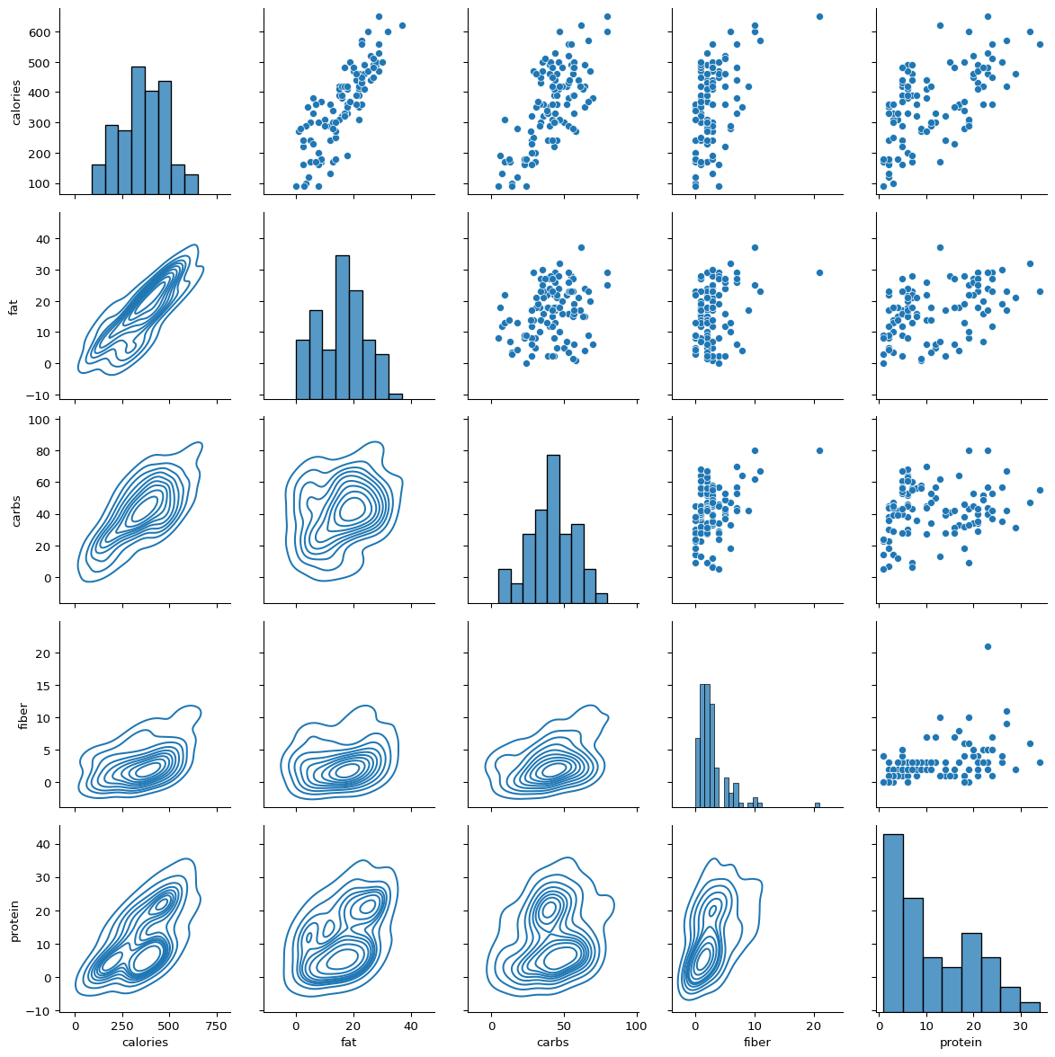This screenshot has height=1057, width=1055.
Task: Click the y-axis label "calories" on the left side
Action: [15, 102]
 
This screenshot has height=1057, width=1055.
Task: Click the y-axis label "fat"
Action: [13, 306]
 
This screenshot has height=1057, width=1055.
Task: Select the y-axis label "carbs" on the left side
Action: [15, 510]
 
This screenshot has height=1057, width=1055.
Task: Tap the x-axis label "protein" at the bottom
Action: [961, 1043]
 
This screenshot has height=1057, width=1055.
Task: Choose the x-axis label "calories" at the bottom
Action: [145, 1043]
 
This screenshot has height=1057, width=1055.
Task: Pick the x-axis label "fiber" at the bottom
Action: [757, 1043]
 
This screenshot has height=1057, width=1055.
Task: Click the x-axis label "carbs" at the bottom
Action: [552, 1043]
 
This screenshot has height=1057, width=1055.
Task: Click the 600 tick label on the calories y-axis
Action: [43, 32]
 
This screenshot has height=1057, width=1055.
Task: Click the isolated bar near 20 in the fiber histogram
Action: [817, 804]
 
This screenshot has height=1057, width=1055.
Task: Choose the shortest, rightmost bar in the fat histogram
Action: [396, 395]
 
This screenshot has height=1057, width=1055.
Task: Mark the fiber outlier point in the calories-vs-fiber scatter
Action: [819, 16]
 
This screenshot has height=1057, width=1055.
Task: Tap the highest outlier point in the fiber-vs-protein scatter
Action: [988, 646]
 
